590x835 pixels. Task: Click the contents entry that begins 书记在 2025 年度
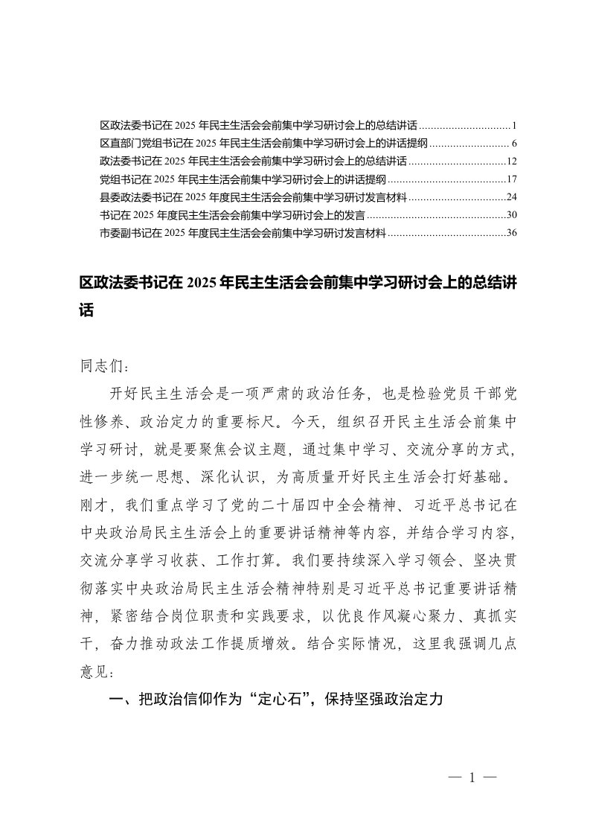pyautogui.click(x=231, y=215)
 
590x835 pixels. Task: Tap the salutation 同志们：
pyautogui.click(x=104, y=367)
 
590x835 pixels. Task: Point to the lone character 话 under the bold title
pyautogui.click(x=87, y=311)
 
